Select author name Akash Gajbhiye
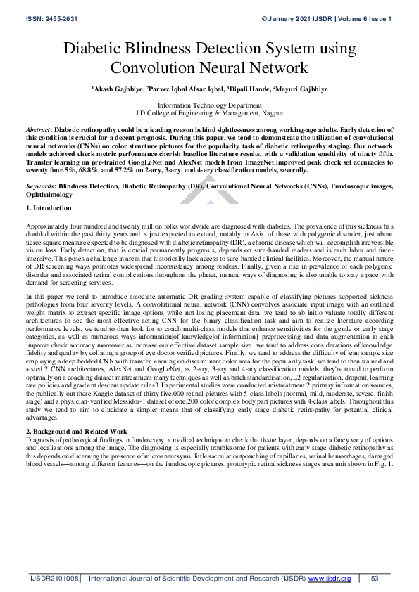point(117,90)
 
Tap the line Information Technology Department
point(209,104)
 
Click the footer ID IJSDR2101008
point(54,578)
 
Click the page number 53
point(374,578)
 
